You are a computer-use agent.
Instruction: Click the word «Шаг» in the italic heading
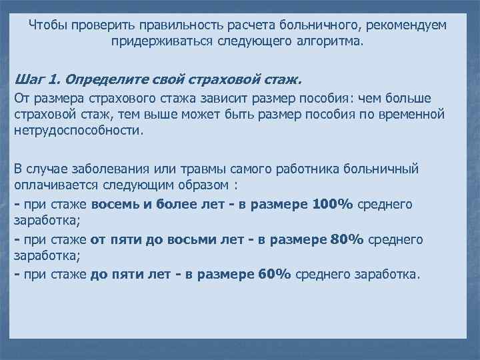point(29,80)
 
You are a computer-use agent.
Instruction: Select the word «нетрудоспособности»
point(78,131)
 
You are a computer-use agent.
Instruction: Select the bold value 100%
point(333,203)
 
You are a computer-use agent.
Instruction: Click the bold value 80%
point(346,239)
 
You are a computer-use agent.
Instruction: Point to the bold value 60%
point(274,273)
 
